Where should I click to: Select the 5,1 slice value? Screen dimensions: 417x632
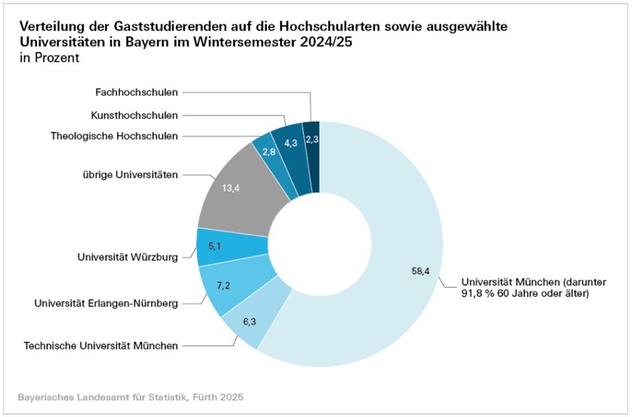(x=214, y=246)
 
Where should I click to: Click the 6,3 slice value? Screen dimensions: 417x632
(x=249, y=321)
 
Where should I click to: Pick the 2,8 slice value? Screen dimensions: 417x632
(x=269, y=151)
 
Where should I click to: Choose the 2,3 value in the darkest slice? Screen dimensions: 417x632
(x=312, y=138)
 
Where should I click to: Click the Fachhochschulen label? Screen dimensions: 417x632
(x=137, y=92)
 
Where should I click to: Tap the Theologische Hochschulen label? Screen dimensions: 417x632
(x=114, y=136)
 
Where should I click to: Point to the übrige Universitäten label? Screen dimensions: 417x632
(x=131, y=175)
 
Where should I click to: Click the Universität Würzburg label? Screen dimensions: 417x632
(x=128, y=257)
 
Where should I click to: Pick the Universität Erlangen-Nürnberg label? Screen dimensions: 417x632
(x=106, y=304)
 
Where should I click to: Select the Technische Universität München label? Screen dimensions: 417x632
(x=101, y=346)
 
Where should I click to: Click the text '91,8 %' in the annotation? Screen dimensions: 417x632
(x=478, y=295)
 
